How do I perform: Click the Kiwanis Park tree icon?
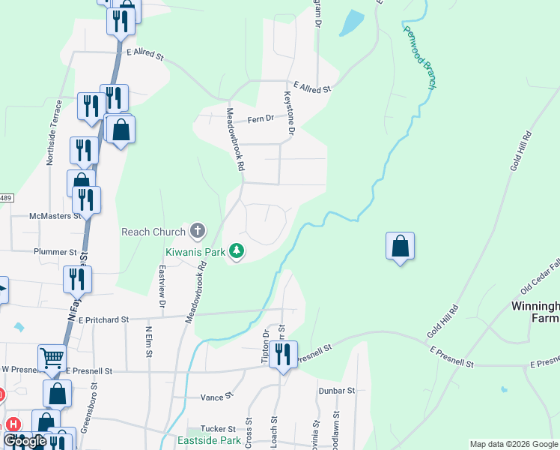tap(237, 250)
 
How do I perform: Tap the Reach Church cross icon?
tap(198, 232)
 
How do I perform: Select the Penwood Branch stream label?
tap(419, 58)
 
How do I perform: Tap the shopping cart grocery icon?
tap(52, 358)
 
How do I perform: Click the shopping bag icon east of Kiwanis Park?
tap(401, 246)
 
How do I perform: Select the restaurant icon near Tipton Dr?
tap(283, 354)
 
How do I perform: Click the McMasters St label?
tap(54, 216)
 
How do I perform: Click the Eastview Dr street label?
tap(161, 286)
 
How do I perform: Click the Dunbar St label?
tap(335, 391)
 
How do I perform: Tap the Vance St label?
tap(218, 396)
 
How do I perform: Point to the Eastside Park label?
tap(210, 440)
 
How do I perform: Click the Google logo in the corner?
tap(25, 441)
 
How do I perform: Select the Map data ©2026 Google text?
tap(514, 444)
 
